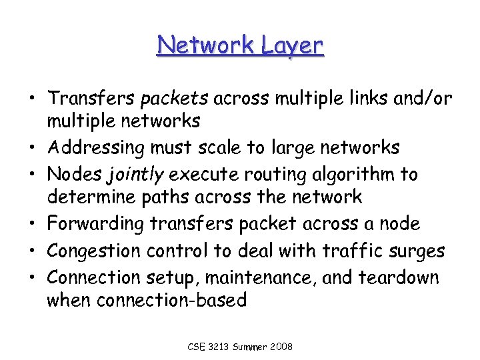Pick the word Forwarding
click(96, 223)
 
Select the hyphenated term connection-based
click(171, 300)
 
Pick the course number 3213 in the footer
click(219, 347)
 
